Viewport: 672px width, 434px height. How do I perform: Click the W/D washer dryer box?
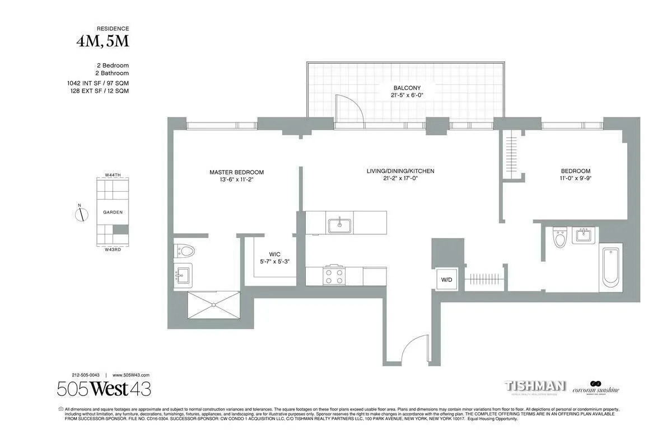[446, 279]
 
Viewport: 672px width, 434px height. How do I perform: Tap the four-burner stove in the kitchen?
[334, 276]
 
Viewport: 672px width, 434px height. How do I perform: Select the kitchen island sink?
[339, 225]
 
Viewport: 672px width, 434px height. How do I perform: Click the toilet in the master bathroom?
[184, 251]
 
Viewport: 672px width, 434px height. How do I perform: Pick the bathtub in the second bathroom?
[610, 268]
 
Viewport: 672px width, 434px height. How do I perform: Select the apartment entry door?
[415, 349]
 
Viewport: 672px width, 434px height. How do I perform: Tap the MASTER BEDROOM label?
[236, 172]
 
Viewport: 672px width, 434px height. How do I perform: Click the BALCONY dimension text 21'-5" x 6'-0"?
[407, 96]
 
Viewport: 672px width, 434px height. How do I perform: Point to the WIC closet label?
[274, 254]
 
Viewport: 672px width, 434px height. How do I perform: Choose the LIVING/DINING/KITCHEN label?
[400, 171]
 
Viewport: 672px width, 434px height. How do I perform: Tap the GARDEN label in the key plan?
[113, 213]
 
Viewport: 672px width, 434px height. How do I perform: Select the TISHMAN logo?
[535, 386]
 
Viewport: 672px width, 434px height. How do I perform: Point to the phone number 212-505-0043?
[86, 375]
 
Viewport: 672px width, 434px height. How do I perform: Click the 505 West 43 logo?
[104, 389]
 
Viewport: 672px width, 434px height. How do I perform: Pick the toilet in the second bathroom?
[559, 238]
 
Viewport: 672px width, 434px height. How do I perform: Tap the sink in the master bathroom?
[183, 275]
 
